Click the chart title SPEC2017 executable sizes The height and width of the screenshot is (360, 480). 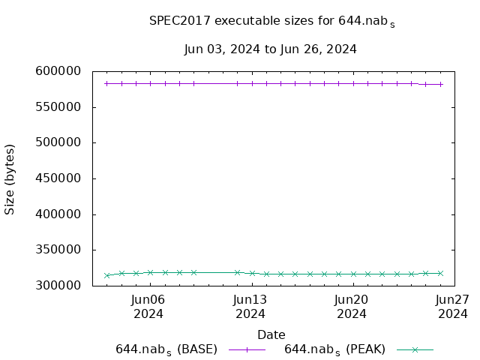pyautogui.click(x=271, y=22)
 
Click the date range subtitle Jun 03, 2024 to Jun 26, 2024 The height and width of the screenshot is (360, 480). pyautogui.click(x=270, y=49)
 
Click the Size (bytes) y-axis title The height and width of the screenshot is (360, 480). pyautogui.click(x=10, y=179)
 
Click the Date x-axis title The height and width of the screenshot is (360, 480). pyautogui.click(x=271, y=334)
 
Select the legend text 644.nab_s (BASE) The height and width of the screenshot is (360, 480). pyautogui.click(x=166, y=349)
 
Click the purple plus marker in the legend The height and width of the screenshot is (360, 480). pyautogui.click(x=247, y=349)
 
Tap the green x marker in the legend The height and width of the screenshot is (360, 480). pyautogui.click(x=415, y=349)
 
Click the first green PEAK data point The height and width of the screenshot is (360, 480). pyautogui.click(x=107, y=275)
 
